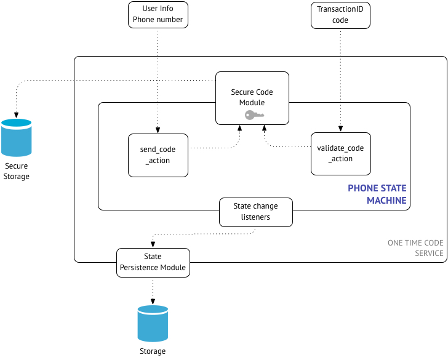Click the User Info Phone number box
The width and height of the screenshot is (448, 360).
(x=158, y=15)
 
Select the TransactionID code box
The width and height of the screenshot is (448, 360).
(x=340, y=15)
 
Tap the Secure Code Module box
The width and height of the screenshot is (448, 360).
(x=252, y=97)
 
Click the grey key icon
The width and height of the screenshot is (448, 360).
(x=254, y=114)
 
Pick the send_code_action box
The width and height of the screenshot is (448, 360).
(x=158, y=155)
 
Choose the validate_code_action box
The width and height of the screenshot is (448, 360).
(x=340, y=154)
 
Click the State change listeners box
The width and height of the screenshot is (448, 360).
(x=255, y=212)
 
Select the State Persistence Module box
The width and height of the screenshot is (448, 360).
(x=153, y=262)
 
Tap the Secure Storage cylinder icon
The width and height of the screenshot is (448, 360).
(x=16, y=138)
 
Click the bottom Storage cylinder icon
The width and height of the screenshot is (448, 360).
(x=153, y=324)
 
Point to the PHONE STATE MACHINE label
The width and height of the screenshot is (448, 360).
(x=377, y=194)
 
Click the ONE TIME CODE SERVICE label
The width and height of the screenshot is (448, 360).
(x=415, y=248)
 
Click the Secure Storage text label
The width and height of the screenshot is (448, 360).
(x=17, y=171)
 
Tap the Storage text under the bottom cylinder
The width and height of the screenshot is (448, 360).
(x=153, y=351)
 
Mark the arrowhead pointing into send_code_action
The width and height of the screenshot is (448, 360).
(x=158, y=130)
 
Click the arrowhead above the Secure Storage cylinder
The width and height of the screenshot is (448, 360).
(x=16, y=115)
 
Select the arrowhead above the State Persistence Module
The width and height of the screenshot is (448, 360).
(x=153, y=244)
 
